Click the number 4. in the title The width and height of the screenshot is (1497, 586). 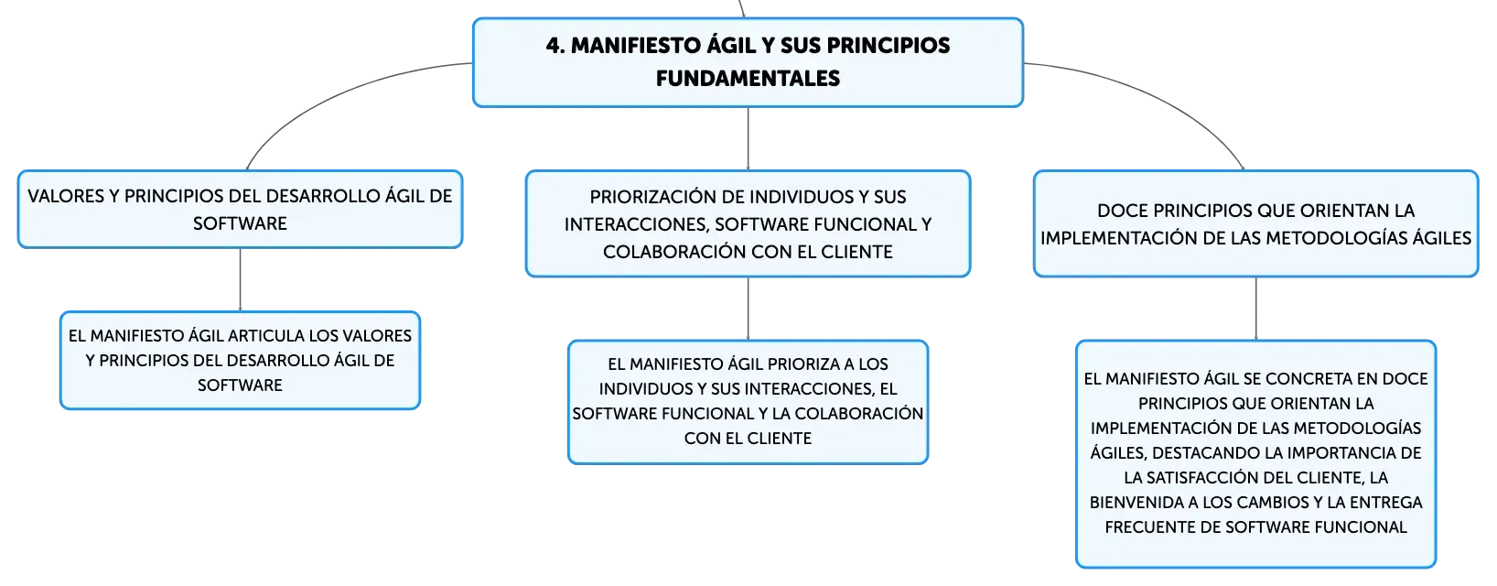pos(555,46)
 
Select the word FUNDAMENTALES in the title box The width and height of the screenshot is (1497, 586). pos(748,78)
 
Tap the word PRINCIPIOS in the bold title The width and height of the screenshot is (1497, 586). pos(889,46)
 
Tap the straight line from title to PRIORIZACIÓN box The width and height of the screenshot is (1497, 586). pos(748,138)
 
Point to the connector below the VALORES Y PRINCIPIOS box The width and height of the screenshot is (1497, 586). pos(240,279)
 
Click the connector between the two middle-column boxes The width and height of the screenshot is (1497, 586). pos(748,309)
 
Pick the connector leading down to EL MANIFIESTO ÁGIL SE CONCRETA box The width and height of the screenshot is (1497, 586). pos(1255,309)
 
